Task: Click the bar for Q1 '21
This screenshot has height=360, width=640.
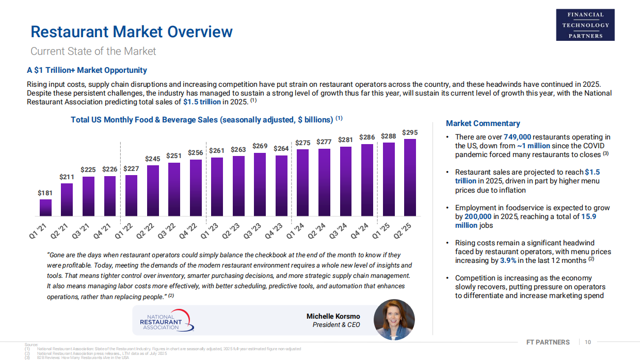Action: click(46, 207)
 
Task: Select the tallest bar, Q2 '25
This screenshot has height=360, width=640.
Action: click(410, 177)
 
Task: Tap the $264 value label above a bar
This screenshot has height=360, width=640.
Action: click(281, 149)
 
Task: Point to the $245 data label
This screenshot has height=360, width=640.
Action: click(153, 159)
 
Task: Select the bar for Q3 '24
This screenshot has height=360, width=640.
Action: click(345, 181)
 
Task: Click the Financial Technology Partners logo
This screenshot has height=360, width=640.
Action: click(585, 25)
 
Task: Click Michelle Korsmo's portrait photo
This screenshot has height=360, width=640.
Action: click(394, 320)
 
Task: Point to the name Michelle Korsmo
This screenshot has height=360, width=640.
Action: click(333, 316)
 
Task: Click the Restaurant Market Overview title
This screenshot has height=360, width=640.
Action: click(132, 32)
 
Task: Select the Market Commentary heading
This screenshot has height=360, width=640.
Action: click(483, 123)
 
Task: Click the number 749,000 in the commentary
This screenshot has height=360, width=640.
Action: click(517, 137)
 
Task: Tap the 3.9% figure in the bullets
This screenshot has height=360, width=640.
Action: click(508, 261)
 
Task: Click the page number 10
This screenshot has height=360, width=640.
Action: click(588, 342)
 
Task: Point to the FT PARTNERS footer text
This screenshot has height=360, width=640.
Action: click(548, 342)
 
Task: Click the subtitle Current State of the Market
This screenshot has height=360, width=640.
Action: click(93, 51)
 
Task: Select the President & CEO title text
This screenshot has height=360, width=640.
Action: click(336, 325)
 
